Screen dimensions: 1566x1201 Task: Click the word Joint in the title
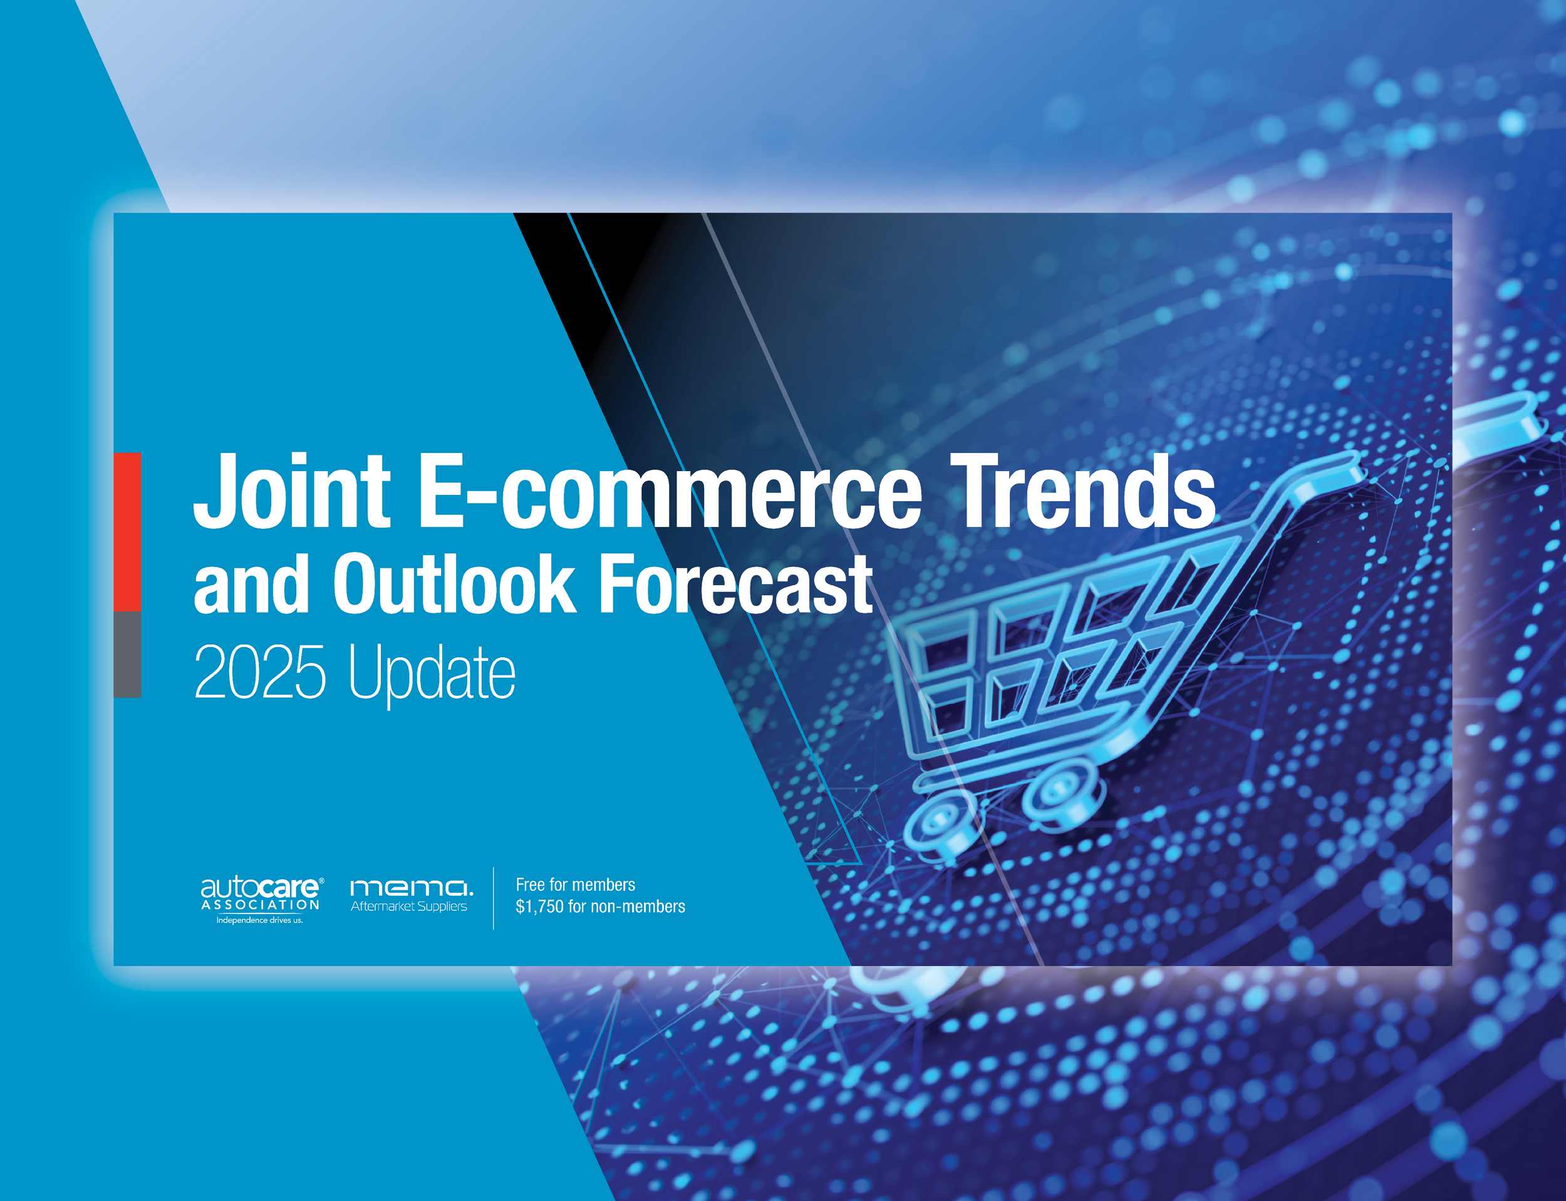tap(292, 491)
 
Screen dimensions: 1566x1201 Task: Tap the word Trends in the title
tap(1083, 491)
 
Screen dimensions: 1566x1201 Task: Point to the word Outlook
tap(455, 583)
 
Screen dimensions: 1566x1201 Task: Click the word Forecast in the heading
tap(737, 583)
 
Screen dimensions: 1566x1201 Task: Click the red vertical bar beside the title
tap(127, 532)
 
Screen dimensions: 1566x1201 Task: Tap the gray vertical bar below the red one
tap(127, 654)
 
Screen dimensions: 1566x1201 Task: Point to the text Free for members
tap(576, 885)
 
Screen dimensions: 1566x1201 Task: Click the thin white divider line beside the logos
tap(493, 898)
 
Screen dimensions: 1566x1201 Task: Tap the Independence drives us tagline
tap(259, 920)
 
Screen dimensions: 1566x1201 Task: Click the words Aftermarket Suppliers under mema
tap(409, 907)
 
